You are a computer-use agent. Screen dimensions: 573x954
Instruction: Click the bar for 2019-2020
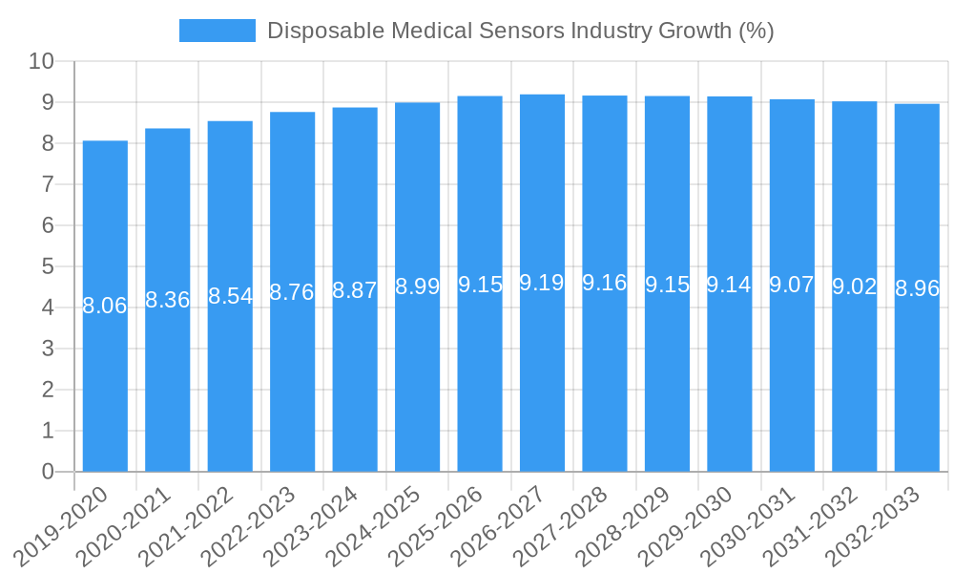tap(105, 306)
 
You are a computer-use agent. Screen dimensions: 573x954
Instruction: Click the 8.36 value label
tap(168, 300)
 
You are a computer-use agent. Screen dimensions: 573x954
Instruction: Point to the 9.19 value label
tap(542, 283)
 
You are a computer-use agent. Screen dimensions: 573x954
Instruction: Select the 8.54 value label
tap(230, 296)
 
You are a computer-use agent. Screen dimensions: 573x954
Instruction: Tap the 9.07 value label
tap(792, 285)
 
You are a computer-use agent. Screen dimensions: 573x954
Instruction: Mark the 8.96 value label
tap(917, 288)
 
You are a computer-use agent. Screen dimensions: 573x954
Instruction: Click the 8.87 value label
tap(355, 291)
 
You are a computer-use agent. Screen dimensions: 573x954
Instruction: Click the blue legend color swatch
tap(218, 31)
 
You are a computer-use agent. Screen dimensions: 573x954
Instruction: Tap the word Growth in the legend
tap(695, 31)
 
